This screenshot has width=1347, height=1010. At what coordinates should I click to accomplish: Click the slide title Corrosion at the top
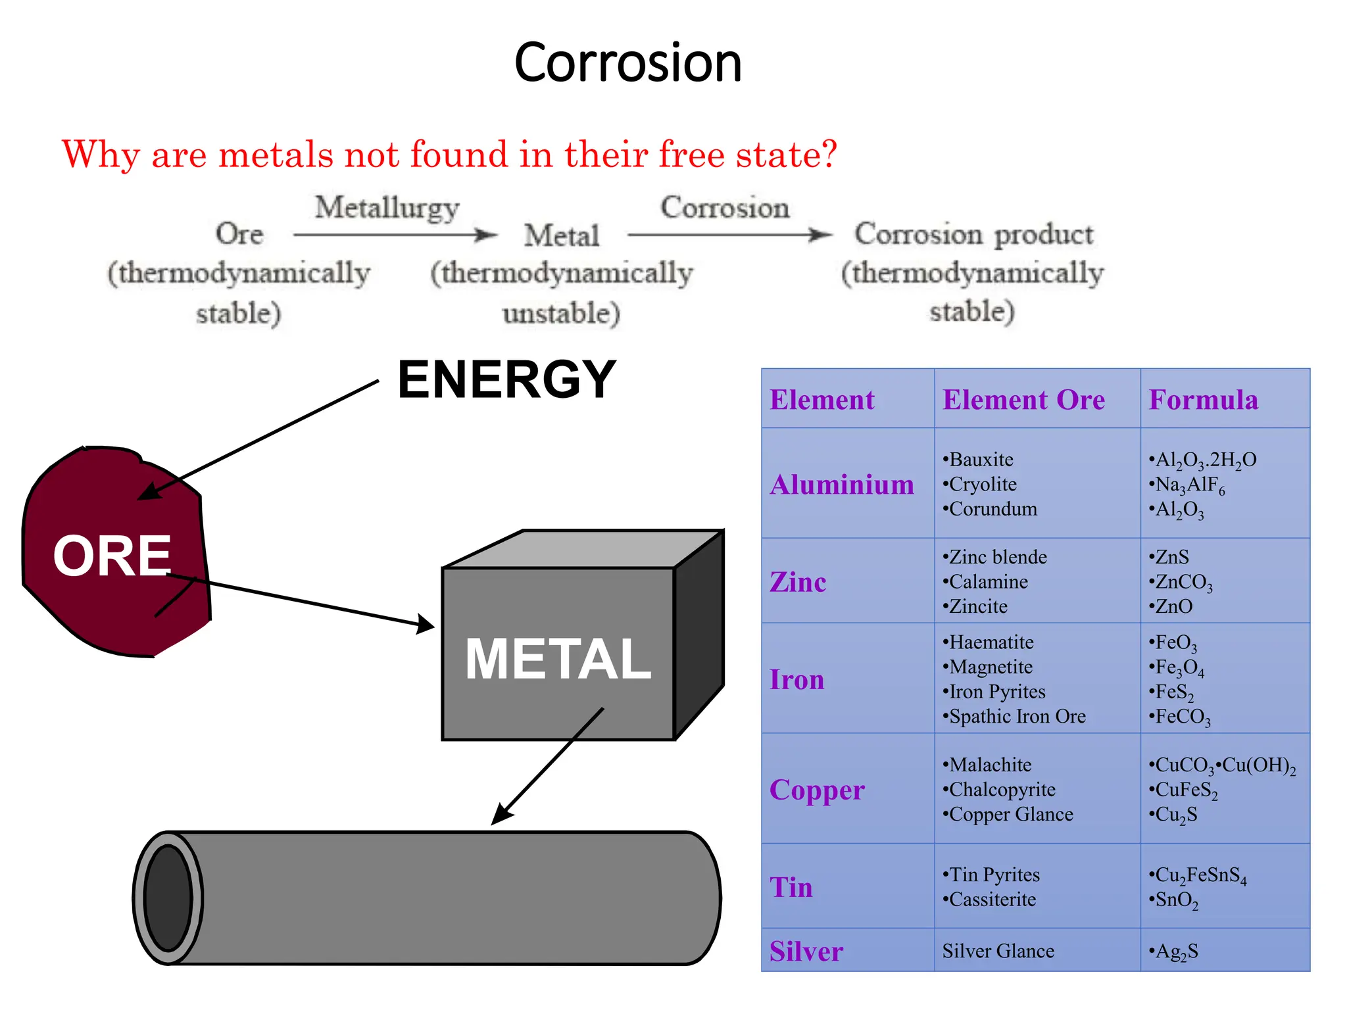click(627, 62)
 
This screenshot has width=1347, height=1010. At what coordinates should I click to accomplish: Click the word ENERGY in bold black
click(506, 379)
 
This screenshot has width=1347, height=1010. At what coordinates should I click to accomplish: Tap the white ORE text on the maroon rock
click(112, 556)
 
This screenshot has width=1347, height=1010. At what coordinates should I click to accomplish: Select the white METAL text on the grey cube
click(558, 659)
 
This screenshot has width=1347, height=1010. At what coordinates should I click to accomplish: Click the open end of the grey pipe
click(168, 898)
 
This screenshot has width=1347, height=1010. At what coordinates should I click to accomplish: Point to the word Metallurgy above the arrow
click(387, 208)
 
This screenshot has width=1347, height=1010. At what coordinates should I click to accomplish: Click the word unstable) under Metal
click(561, 313)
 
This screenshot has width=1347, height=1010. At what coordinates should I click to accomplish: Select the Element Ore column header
click(1023, 400)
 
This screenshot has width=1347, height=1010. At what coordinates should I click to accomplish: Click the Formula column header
click(1203, 400)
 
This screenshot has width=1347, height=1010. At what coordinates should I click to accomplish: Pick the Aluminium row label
click(842, 485)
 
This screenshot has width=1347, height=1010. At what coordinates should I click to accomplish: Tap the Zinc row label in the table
click(798, 582)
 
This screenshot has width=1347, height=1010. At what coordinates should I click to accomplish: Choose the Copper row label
click(817, 790)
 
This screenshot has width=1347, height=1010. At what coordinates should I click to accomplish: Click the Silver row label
click(806, 951)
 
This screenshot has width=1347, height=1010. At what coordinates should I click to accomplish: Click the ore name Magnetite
click(991, 667)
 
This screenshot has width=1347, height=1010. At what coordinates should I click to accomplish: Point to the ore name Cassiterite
click(992, 900)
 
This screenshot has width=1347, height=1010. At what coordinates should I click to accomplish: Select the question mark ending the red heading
click(827, 155)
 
